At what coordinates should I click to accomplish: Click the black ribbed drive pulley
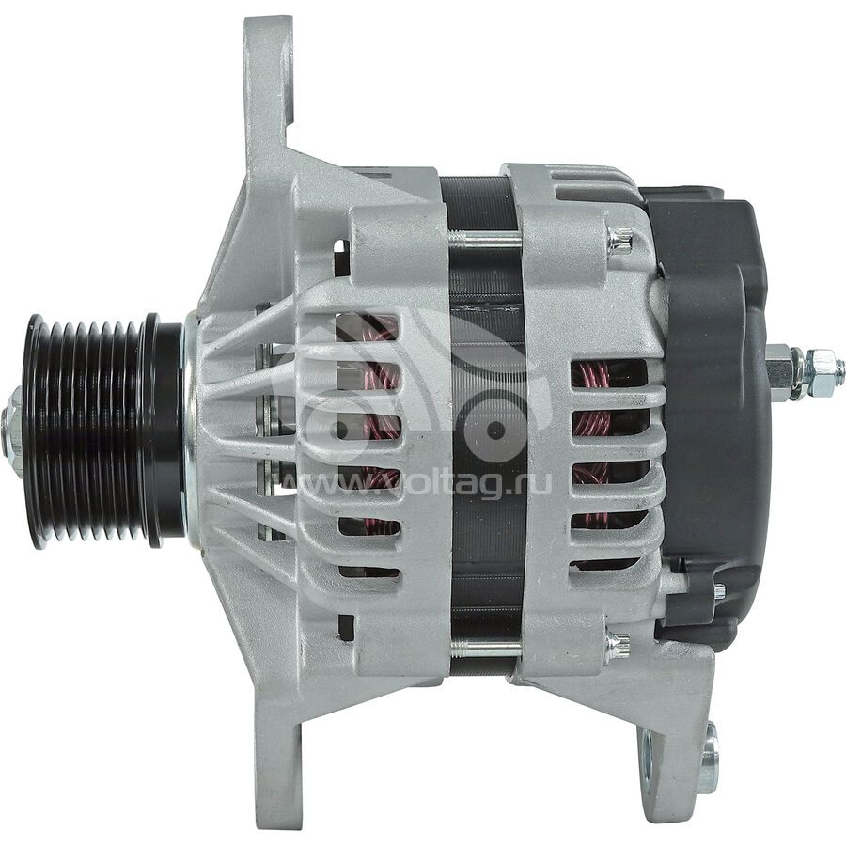[94, 431]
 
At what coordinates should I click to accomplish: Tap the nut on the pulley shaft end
[11, 431]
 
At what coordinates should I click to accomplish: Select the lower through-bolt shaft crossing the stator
[484, 648]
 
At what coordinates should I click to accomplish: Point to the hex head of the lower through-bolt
[618, 647]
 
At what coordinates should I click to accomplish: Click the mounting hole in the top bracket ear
[285, 75]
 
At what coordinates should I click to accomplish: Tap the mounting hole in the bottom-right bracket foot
[706, 757]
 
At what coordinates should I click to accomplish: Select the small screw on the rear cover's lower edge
[718, 592]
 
